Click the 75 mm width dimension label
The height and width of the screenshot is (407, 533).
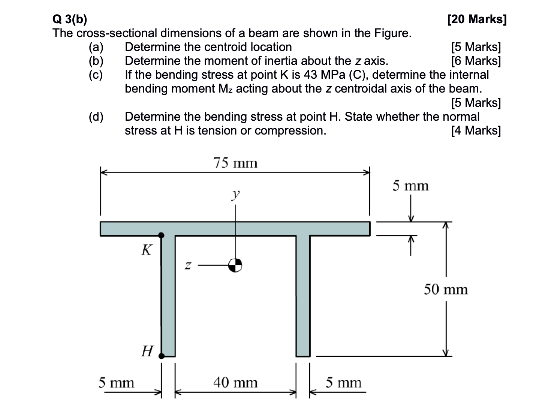235,163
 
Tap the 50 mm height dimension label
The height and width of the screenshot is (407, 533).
446,290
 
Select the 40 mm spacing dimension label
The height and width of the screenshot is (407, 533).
235,383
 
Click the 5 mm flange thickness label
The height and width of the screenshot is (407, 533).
410,186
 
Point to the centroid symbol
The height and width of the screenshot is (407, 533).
235,265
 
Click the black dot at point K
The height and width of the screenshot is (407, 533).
161,235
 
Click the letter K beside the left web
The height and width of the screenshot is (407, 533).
147,250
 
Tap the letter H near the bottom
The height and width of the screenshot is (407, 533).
147,351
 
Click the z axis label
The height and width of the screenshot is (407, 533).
189,266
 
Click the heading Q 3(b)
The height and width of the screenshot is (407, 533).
70,19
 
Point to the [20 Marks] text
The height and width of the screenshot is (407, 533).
477,19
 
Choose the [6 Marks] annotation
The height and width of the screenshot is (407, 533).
476,61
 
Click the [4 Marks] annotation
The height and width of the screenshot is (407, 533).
476,130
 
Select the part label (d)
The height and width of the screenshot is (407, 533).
96,117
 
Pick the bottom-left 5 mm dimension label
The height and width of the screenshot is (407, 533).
116,383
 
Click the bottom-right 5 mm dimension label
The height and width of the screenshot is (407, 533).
343,383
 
